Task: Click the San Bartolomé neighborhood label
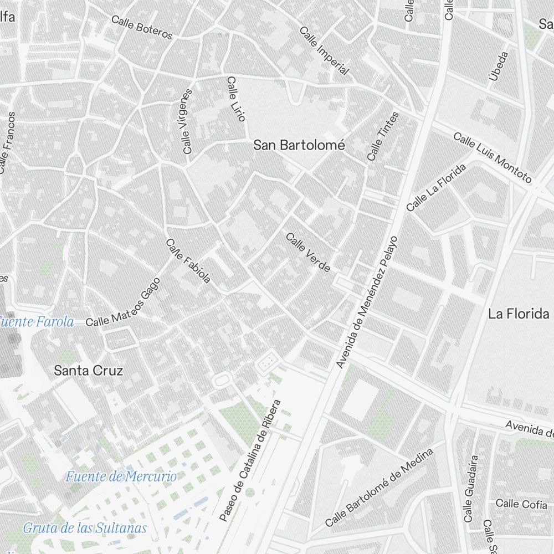299,146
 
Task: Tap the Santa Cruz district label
88,371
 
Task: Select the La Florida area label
518,314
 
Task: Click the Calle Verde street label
308,253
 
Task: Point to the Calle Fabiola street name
188,261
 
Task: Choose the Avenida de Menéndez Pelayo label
368,302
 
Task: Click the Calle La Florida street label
436,187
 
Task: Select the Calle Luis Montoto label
493,158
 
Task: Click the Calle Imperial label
325,50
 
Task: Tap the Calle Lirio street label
236,99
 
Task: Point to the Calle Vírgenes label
187,121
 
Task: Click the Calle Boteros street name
142,27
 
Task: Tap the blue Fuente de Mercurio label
121,476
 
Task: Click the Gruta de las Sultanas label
85,528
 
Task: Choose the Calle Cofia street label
515,504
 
